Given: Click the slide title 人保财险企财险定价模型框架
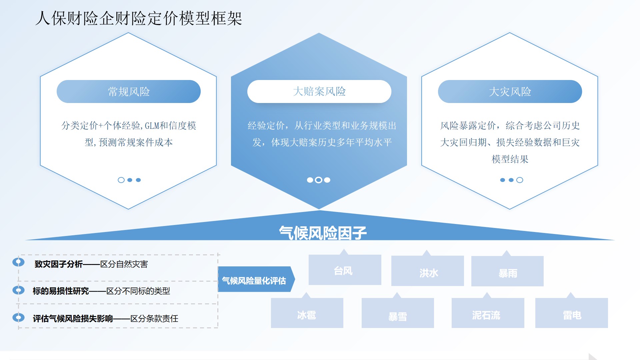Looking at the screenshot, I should coord(138,18).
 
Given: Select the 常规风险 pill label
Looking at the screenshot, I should coord(129,92).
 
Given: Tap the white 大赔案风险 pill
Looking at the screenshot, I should coord(319,91).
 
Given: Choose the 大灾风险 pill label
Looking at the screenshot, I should coord(510,92).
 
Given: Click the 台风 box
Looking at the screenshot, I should coord(345,270).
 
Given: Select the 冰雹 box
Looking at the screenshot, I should coord(307,313).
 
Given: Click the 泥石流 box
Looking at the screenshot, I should coord(488,313).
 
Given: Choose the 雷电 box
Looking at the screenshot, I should coord(571,313).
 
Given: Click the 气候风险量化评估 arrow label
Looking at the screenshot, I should coord(254,280).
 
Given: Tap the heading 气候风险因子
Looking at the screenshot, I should coord(322,233).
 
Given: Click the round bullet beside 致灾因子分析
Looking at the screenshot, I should coord(18,262).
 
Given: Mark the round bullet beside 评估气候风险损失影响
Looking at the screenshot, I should coord(18,317).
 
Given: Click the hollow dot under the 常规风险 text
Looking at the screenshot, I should coord(121,180).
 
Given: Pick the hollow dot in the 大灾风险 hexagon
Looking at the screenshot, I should coord(520,180).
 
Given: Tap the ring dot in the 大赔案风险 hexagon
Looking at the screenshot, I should coord(319,180).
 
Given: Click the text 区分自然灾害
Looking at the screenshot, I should coord(124,264).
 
